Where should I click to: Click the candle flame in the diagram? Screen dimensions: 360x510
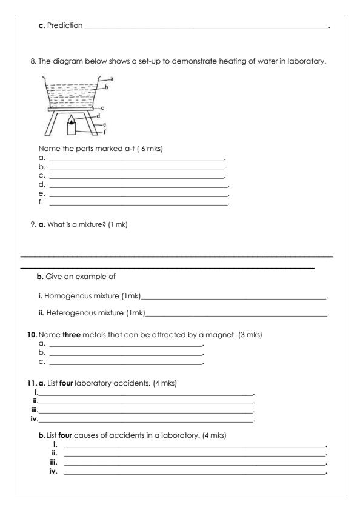73,121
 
